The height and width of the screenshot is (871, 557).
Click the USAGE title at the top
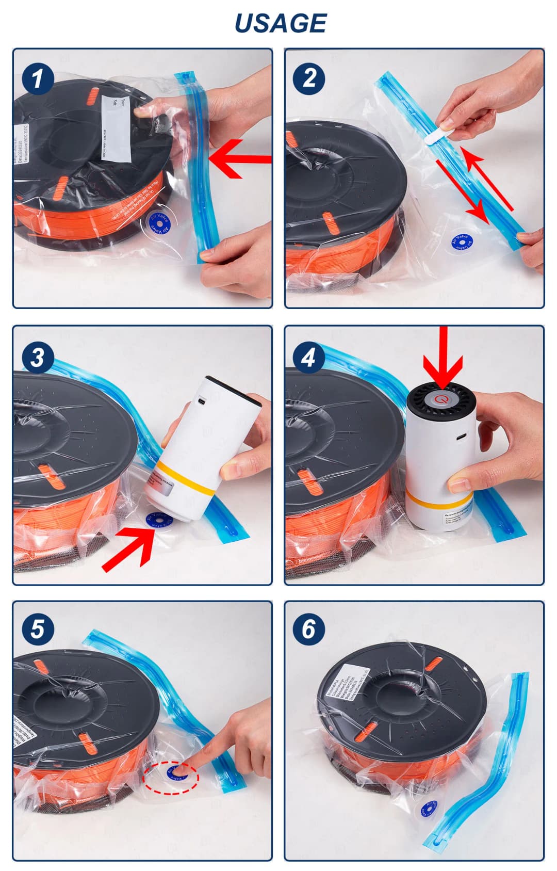click(x=280, y=24)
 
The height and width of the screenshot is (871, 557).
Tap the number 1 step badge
click(x=37, y=78)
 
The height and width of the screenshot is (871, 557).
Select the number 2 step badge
click(x=308, y=78)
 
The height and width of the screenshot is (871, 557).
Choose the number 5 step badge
click(x=37, y=629)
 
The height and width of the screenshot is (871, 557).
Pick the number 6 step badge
click(x=308, y=629)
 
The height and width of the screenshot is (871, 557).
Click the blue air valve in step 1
click(x=158, y=223)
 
